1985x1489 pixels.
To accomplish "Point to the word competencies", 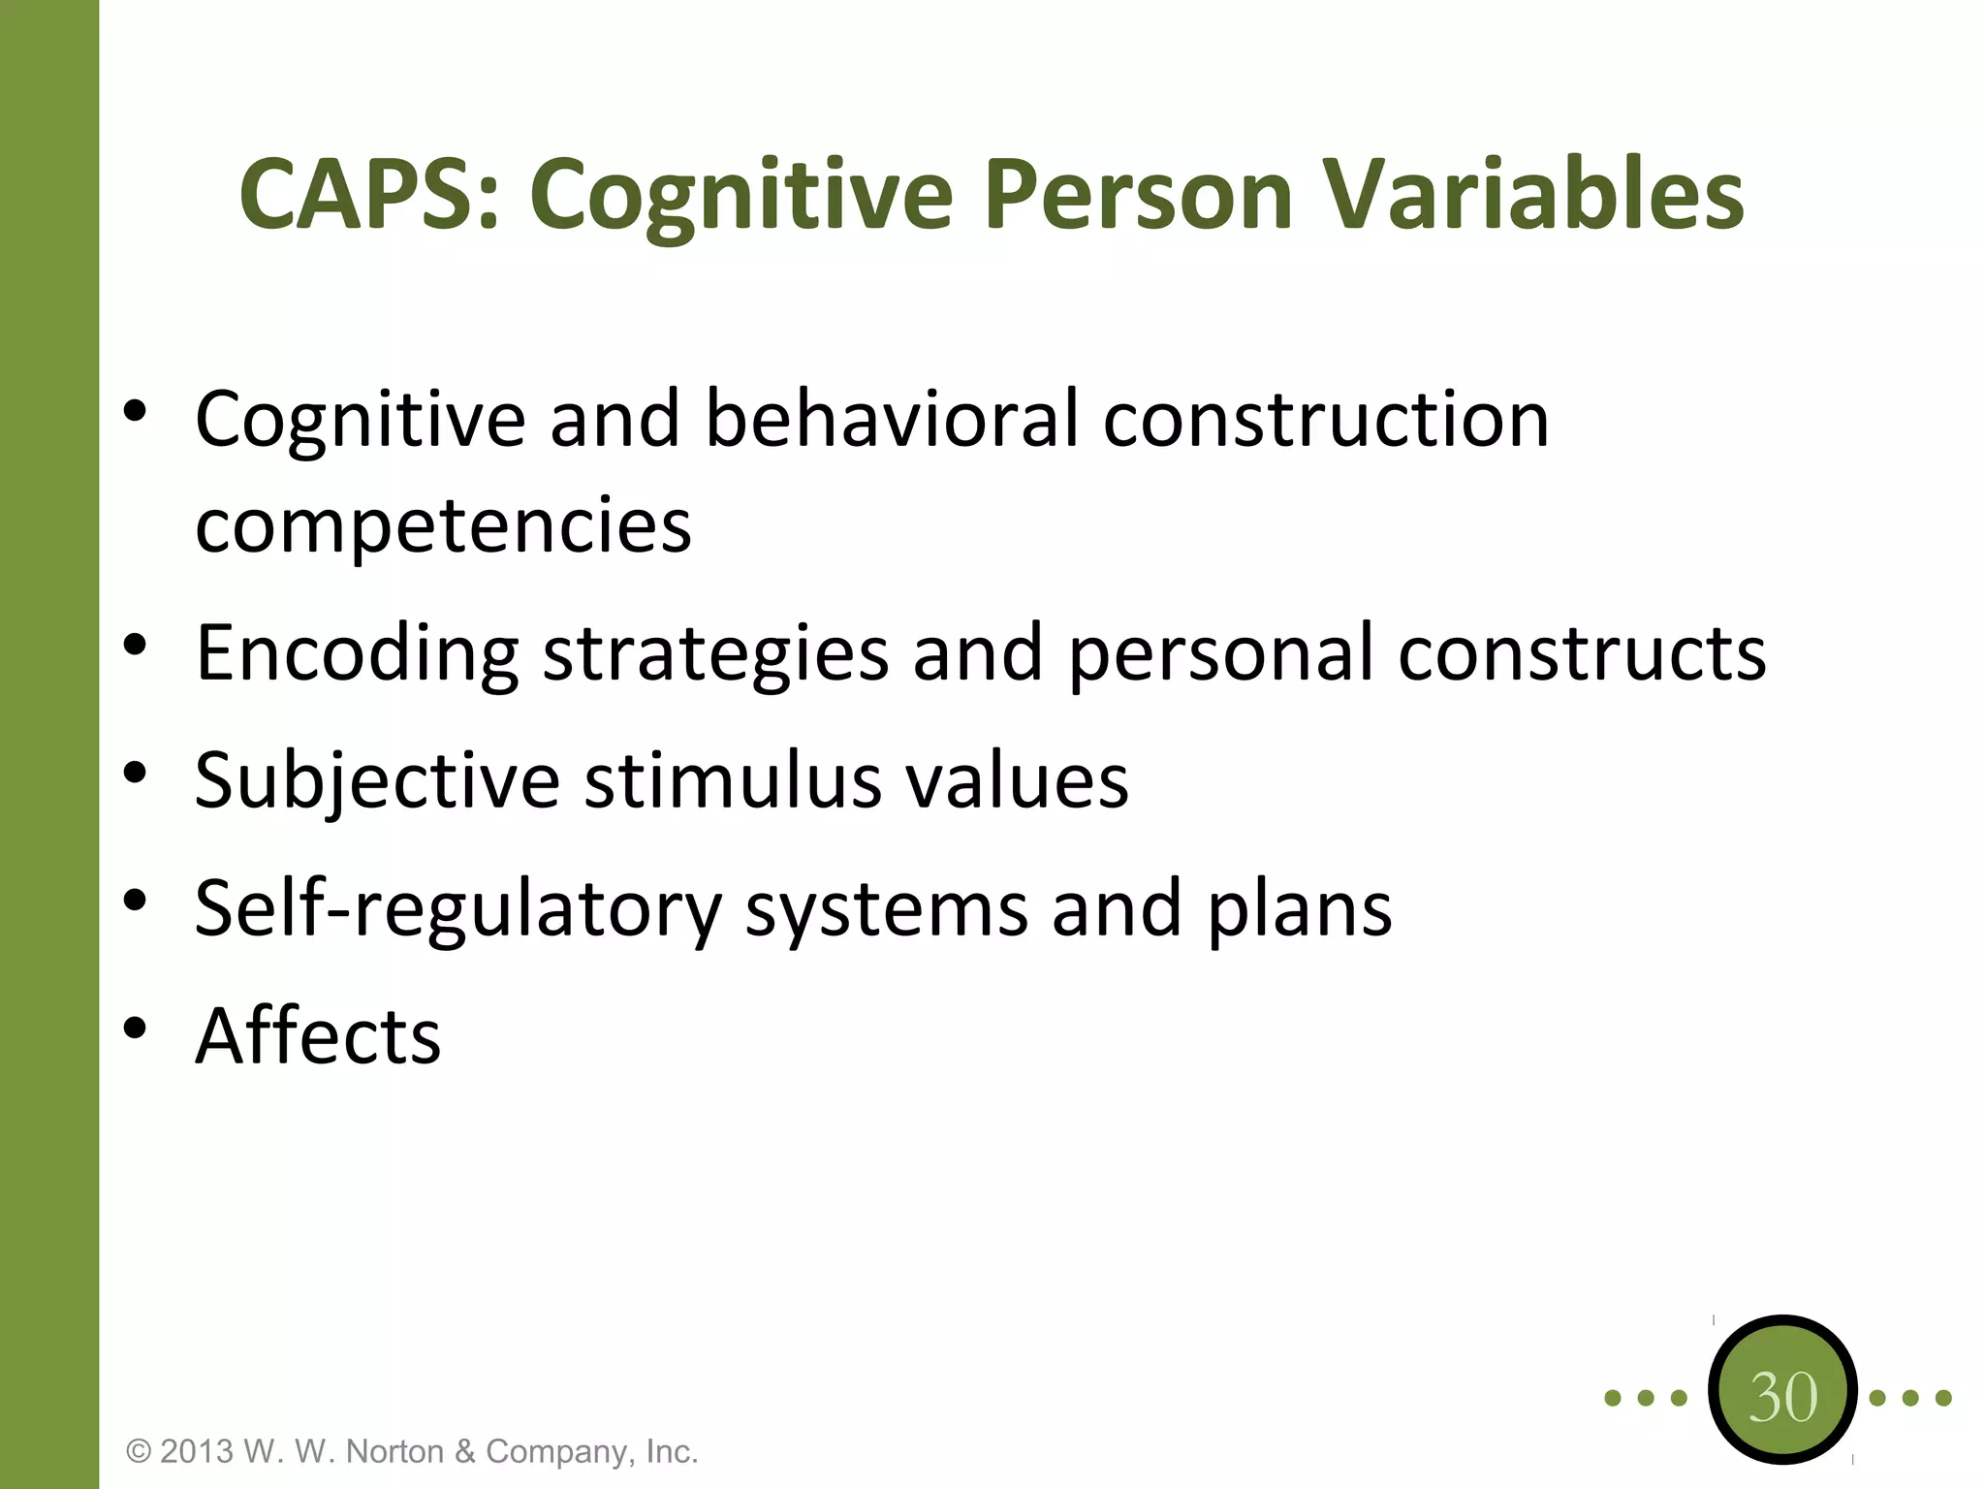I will tap(443, 525).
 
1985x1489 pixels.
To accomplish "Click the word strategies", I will tap(715, 653).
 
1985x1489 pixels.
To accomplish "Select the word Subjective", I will tap(377, 781).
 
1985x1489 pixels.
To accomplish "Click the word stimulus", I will tap(733, 781).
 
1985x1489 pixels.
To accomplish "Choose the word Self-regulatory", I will tap(458, 909).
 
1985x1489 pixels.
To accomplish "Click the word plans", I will tap(1299, 909).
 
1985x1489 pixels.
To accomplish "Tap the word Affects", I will tap(318, 1035).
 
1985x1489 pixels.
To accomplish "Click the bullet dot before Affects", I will tap(135, 1028).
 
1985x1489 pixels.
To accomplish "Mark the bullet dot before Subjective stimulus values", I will tap(135, 773).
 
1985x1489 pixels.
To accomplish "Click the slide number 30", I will tap(1782, 1398).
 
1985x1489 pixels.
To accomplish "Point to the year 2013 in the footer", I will tap(197, 1451).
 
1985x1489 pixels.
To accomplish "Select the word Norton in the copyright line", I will tap(397, 1451).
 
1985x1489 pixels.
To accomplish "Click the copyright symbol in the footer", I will tap(140, 1452).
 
